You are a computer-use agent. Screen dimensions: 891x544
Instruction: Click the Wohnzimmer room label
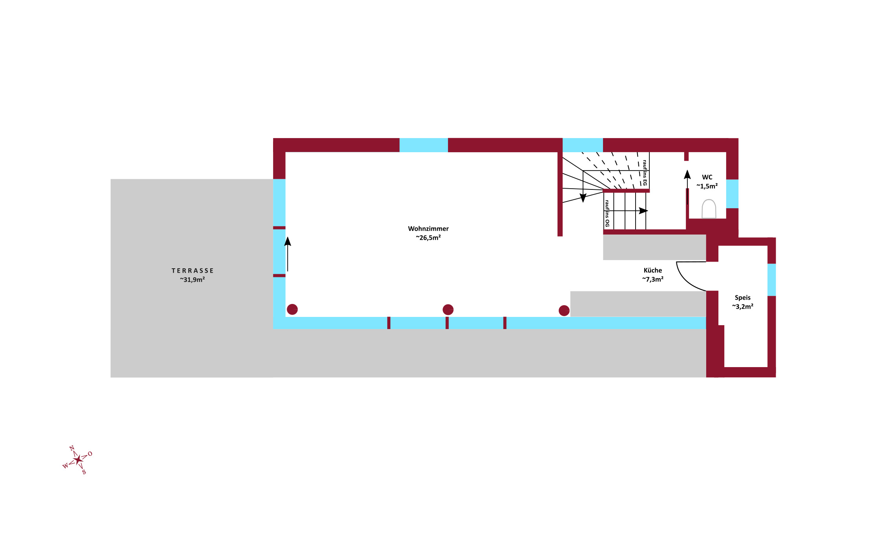[x=428, y=229]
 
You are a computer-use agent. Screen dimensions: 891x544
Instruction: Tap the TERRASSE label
[x=193, y=271]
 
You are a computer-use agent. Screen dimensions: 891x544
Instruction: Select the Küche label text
[x=653, y=270]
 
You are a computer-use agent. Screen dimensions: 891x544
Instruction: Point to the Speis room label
[x=743, y=298]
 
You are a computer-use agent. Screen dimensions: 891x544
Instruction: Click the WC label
[x=707, y=177]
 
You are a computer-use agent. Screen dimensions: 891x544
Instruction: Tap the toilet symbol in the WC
[x=709, y=209]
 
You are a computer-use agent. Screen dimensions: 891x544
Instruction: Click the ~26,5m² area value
[x=428, y=238]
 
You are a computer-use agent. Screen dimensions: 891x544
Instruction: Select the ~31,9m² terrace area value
[x=192, y=280]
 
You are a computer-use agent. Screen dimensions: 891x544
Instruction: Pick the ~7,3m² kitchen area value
[x=653, y=279]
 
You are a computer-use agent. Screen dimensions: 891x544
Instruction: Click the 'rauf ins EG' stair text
[x=645, y=173]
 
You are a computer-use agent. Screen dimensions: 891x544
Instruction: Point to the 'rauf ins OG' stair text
[x=607, y=213]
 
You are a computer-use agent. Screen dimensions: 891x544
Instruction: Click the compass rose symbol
[x=78, y=460]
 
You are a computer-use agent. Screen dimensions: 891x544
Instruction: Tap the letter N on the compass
[x=72, y=448]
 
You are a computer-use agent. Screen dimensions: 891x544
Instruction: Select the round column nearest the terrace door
[x=292, y=309]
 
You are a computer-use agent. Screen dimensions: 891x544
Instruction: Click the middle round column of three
[x=448, y=309]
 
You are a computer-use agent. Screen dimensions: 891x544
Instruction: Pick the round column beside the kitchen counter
[x=564, y=311]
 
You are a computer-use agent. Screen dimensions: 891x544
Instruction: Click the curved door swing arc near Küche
[x=687, y=280]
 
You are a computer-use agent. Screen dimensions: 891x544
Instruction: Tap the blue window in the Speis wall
[x=771, y=280]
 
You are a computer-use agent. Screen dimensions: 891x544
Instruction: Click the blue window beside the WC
[x=732, y=194]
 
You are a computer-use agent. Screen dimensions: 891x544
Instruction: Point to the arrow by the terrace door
[x=288, y=254]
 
